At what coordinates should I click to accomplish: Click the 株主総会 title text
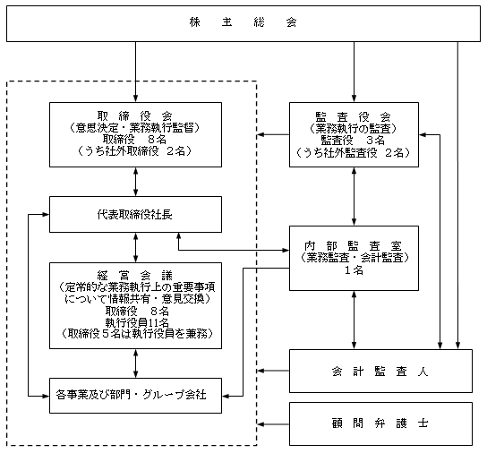(243, 22)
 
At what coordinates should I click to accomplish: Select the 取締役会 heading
(135, 116)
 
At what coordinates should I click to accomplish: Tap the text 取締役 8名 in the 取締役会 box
(135, 139)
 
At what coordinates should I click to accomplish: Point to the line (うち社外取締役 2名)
(135, 151)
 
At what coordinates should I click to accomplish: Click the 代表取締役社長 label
(135, 215)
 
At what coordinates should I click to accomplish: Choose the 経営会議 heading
(135, 275)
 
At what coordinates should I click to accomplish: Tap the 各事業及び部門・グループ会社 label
(131, 395)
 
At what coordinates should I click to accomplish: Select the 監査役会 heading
(353, 117)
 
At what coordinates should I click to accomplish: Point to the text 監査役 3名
(353, 141)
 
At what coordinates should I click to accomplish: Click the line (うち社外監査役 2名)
(353, 152)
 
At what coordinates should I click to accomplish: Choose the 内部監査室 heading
(353, 246)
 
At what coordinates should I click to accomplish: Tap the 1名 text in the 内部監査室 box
(354, 270)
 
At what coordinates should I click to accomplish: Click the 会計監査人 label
(380, 372)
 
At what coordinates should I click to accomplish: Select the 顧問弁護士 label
(380, 423)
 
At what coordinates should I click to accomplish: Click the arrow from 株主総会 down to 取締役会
(135, 72)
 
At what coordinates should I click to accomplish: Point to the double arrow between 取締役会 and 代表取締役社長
(135, 182)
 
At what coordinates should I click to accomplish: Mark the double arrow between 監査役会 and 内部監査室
(355, 196)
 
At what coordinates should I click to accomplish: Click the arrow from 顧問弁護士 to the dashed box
(273, 424)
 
